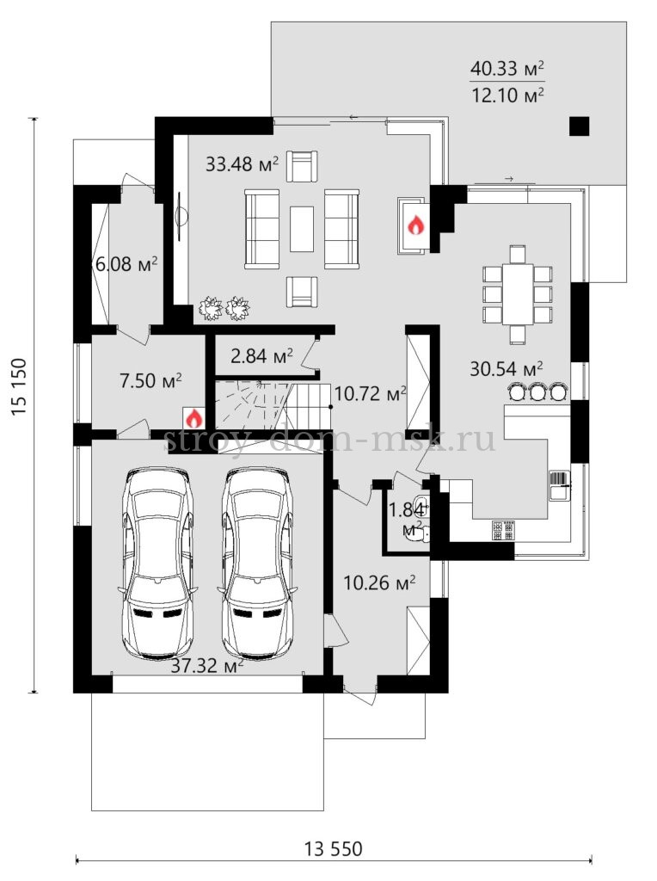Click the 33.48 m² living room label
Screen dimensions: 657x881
coord(242,164)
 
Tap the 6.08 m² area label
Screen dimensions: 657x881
coord(126,263)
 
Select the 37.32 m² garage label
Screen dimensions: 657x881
coord(207,667)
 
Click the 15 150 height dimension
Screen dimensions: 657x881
coord(19,386)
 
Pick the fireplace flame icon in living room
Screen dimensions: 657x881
coord(415,226)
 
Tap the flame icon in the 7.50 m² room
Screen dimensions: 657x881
coord(193,419)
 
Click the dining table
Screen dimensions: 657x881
coord(517,294)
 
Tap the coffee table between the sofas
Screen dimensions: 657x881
coord(302,229)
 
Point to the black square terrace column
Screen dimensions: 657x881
coord(579,126)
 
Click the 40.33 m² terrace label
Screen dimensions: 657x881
coord(507,69)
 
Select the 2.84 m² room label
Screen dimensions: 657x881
coord(261,355)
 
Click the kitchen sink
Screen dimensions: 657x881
coord(559,485)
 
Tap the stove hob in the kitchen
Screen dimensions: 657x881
coord(503,530)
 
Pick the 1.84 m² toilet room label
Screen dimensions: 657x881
coord(408,520)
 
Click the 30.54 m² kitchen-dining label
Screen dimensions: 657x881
coord(506,368)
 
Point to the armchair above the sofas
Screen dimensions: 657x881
coord(302,166)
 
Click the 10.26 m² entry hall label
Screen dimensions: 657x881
coord(379,582)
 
